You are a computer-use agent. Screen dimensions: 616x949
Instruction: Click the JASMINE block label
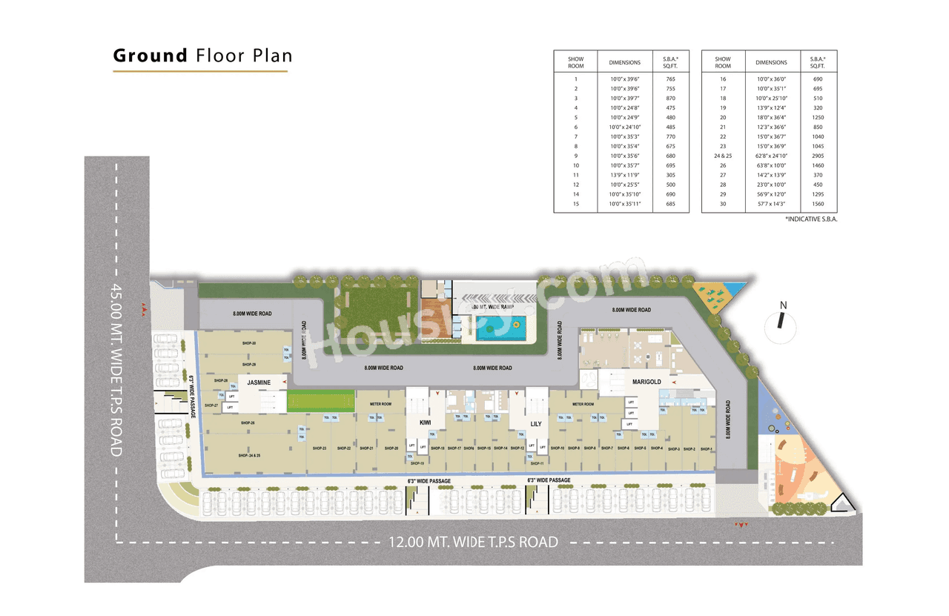click(x=259, y=382)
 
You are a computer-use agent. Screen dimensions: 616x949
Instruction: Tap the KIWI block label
click(x=425, y=423)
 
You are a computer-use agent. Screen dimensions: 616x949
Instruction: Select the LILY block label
click(x=535, y=424)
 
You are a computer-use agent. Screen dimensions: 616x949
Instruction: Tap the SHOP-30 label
click(x=248, y=343)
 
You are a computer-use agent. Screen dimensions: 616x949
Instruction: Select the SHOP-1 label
click(x=707, y=448)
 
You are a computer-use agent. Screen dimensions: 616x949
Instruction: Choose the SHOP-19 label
click(x=417, y=463)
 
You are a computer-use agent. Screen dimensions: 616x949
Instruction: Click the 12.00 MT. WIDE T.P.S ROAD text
click(x=473, y=542)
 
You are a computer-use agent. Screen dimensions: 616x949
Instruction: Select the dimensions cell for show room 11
click(x=624, y=174)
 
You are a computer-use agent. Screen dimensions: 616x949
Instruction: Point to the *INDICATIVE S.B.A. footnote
click(x=810, y=219)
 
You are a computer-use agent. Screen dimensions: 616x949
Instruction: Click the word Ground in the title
click(x=150, y=56)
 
